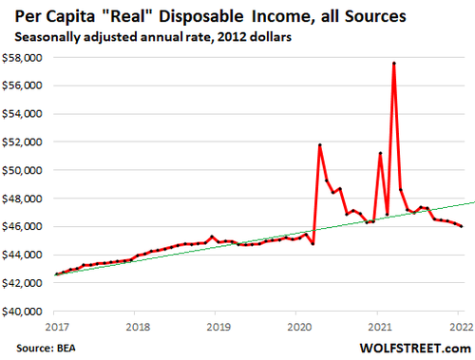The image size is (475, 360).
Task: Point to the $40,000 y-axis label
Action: click(x=27, y=312)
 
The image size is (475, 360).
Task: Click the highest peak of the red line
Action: click(x=393, y=64)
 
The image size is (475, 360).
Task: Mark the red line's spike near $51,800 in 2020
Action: click(x=319, y=144)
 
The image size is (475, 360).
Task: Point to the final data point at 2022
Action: click(x=462, y=226)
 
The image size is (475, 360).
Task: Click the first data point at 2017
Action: click(x=56, y=275)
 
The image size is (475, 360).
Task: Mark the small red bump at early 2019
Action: click(x=212, y=237)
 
